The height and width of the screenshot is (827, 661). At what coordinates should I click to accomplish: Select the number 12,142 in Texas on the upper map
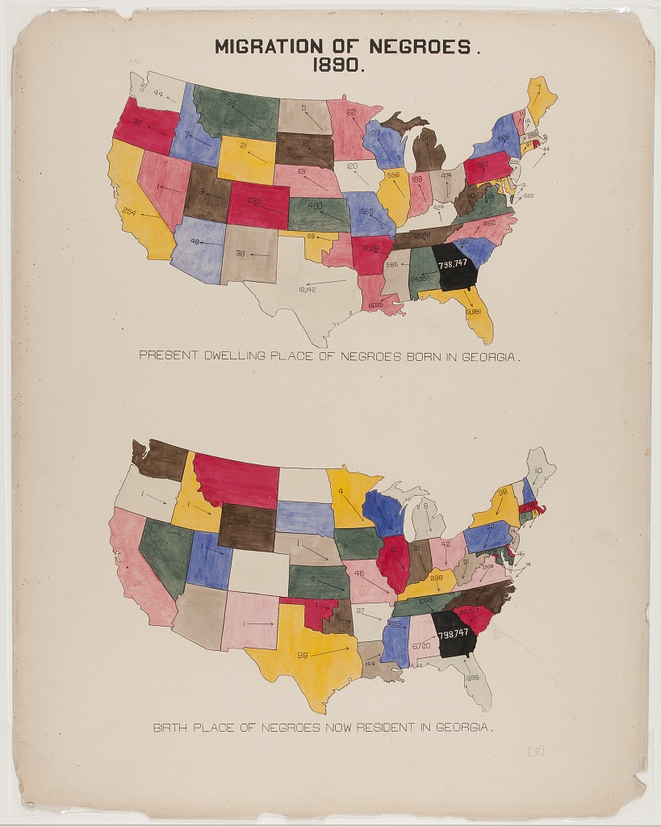(x=307, y=288)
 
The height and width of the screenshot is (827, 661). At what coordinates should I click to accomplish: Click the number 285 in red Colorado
(x=254, y=201)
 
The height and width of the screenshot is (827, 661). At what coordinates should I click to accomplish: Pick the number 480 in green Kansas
(x=315, y=206)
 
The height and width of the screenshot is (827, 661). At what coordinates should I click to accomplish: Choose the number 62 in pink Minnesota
(x=353, y=111)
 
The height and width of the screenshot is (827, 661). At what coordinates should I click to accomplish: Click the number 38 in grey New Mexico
(x=240, y=253)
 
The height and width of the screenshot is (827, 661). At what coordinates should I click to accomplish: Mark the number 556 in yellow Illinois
(x=393, y=175)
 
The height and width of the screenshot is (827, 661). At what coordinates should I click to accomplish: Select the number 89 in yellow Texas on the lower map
(x=303, y=654)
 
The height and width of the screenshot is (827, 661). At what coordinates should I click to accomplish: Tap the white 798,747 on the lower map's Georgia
(x=454, y=632)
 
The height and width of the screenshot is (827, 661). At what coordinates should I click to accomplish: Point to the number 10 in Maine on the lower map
(x=538, y=470)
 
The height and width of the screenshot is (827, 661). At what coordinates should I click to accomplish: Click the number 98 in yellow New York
(x=502, y=492)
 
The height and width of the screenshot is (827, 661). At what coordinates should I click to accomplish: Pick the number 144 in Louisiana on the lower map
(x=370, y=662)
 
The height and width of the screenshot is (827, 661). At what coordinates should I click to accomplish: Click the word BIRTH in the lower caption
(x=170, y=728)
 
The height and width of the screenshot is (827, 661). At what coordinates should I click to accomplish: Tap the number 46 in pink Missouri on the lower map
(x=359, y=573)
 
